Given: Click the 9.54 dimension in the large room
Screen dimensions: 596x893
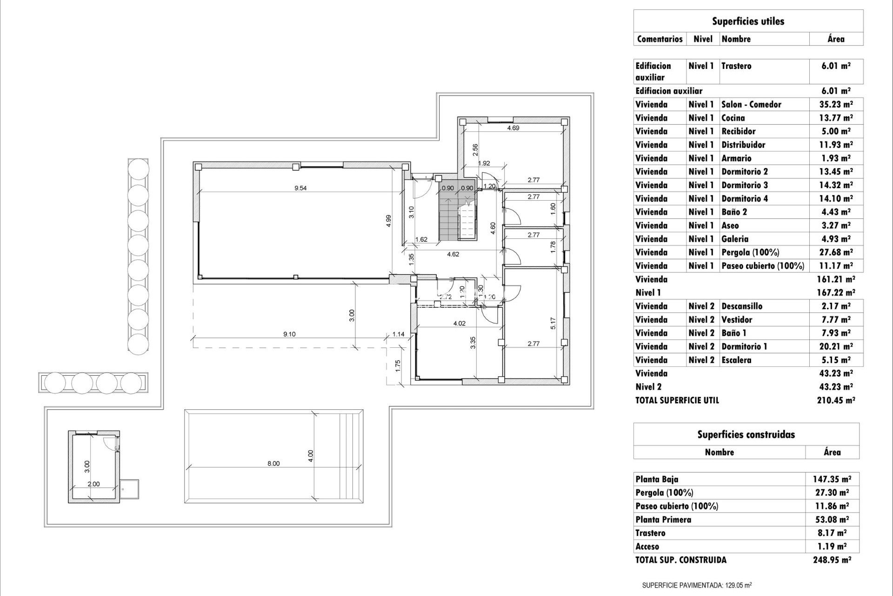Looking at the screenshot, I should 300,189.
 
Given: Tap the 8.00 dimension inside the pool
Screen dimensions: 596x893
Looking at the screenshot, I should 273,463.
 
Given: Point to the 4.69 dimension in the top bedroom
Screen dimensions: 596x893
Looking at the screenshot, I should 513,128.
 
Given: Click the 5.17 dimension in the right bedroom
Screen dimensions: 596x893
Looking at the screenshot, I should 553,324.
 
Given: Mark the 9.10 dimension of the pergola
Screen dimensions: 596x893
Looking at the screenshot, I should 289,334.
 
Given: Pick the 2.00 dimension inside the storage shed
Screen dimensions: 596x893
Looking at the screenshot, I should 93,484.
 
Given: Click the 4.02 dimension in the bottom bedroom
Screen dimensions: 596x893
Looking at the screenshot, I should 459,323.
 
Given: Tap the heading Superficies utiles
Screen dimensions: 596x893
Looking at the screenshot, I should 748,21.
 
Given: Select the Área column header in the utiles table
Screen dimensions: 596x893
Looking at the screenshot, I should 836,39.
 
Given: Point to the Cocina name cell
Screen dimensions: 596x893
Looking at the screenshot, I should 733,118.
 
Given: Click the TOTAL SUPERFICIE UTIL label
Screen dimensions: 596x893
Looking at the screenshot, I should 677,400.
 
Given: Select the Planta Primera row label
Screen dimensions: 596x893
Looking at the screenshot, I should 663,520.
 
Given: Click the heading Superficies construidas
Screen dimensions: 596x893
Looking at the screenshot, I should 746,435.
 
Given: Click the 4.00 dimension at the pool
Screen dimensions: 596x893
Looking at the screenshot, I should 311,456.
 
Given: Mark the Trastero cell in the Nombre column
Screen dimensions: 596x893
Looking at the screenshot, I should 736,66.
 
